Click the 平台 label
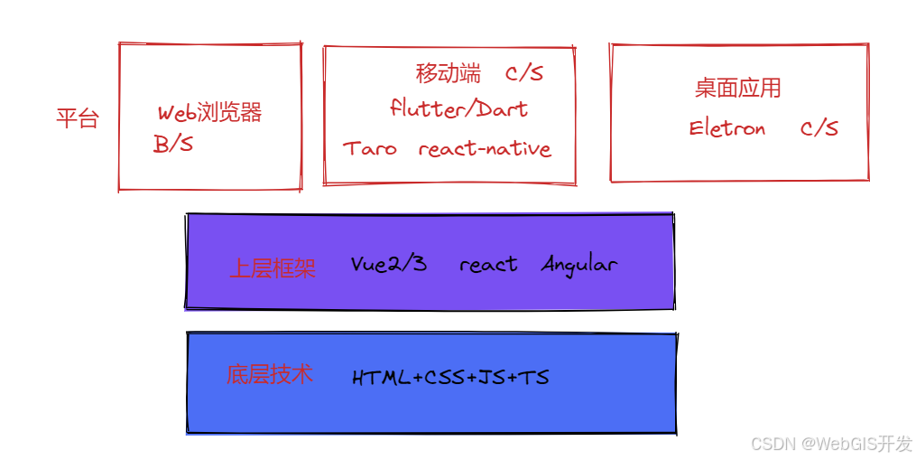[78, 118]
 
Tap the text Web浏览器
[209, 112]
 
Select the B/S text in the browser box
[173, 144]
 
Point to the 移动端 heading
[448, 73]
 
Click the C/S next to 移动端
[524, 73]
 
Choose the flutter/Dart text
[458, 108]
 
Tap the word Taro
[370, 148]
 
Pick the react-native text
[485, 148]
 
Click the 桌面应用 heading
[738, 88]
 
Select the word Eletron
[727, 127]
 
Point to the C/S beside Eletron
[819, 127]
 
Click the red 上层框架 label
[273, 268]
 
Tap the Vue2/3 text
[388, 264]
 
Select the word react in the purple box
[488, 265]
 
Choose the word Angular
[578, 265]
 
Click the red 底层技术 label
[269, 374]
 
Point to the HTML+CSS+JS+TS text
[450, 378]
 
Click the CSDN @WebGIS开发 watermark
[831, 444]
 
